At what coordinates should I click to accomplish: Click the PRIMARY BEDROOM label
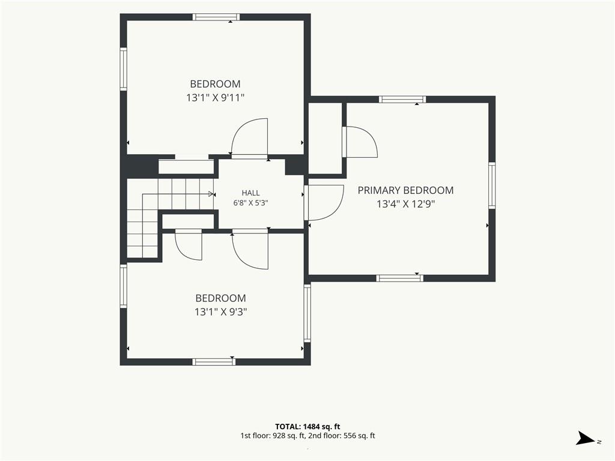tap(405, 190)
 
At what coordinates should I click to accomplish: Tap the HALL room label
tap(250, 193)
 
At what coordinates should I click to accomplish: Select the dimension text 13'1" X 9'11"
tap(216, 98)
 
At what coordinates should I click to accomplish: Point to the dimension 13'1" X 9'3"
tap(221, 312)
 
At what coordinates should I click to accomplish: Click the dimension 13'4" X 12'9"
tap(406, 204)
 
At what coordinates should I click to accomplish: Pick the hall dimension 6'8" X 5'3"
tap(250, 203)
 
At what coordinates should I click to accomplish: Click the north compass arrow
tap(586, 438)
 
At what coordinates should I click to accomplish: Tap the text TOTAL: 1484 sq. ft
tap(307, 427)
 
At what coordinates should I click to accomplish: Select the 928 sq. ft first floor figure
tap(289, 436)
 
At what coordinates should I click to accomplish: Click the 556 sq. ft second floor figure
tap(359, 436)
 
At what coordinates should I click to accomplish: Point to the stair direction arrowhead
tap(212, 194)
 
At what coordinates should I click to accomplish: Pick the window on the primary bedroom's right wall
tap(492, 185)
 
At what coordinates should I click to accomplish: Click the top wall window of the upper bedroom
tap(216, 17)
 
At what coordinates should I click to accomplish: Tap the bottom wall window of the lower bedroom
tap(214, 361)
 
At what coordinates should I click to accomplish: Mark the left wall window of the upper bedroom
tap(124, 69)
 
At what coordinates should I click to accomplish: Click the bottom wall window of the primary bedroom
tap(400, 279)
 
